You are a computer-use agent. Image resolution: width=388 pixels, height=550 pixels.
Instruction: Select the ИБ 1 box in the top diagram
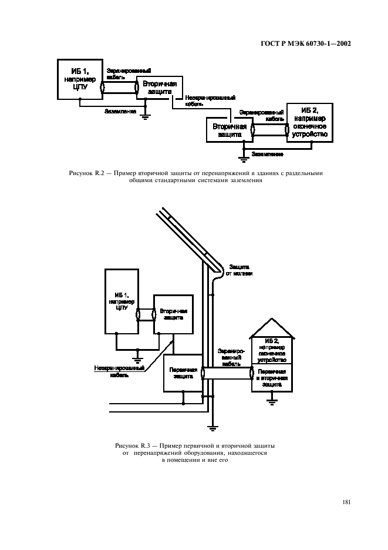(x=79, y=79)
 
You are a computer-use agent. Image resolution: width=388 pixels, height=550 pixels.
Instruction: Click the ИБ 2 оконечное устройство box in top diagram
(x=309, y=122)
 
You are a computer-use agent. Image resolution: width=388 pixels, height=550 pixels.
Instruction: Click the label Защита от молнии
(x=239, y=270)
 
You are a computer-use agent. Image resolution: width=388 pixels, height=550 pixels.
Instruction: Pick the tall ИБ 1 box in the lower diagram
(x=122, y=301)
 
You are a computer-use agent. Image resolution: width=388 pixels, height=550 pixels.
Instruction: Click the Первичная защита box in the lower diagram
(x=183, y=374)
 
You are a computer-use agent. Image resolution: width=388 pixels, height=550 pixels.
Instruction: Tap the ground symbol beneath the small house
(x=271, y=402)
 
